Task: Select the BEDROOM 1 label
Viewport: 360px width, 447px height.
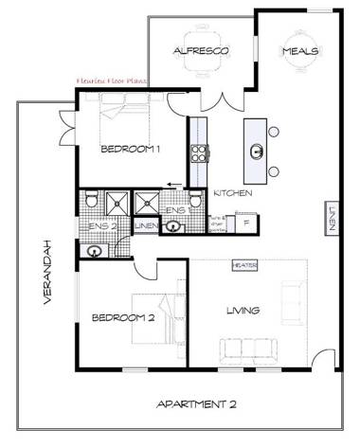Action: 131,149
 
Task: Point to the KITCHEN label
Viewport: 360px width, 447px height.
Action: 232,193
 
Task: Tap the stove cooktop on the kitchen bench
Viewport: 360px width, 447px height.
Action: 200,152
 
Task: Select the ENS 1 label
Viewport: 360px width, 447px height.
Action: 175,209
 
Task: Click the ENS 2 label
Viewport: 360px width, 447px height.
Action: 101,227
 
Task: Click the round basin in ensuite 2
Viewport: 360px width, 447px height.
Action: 96,250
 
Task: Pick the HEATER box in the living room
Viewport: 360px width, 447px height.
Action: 244,266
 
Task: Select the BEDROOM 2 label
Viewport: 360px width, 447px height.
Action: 122,318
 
